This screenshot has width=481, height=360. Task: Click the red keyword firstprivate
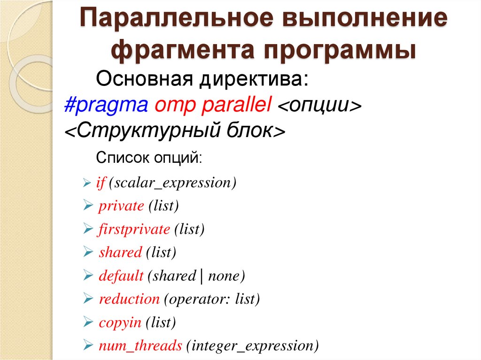[134, 230]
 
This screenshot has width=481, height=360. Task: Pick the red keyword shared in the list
[120, 253]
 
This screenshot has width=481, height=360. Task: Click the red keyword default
[121, 276]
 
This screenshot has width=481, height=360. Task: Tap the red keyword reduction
[129, 299]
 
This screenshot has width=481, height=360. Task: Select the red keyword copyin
[120, 322]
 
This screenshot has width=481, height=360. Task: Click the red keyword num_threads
[140, 346]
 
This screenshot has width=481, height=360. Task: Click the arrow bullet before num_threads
[88, 346]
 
